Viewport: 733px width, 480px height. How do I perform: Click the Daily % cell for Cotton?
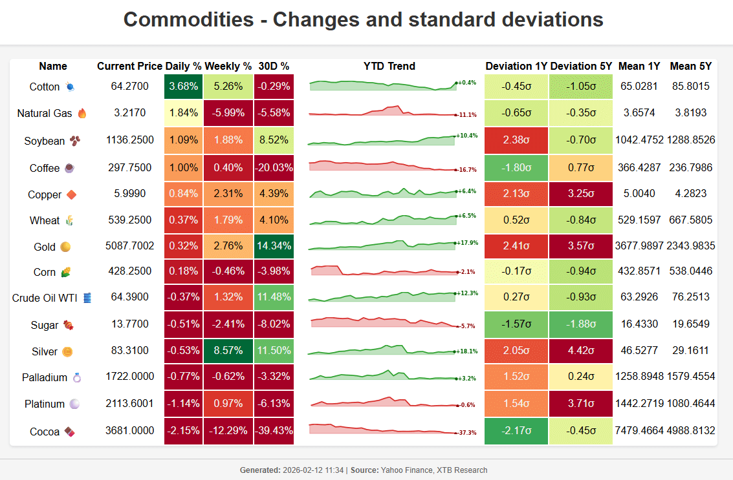[184, 86]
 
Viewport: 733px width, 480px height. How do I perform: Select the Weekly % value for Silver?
[228, 351]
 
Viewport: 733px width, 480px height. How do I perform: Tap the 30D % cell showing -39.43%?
[274, 430]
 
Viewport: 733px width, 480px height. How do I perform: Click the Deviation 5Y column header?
[581, 66]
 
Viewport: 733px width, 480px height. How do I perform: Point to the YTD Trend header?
[389, 66]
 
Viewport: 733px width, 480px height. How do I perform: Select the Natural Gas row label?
[45, 113]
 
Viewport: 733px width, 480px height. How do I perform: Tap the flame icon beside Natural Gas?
[82, 113]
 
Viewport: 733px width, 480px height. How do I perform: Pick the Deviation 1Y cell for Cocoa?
[516, 430]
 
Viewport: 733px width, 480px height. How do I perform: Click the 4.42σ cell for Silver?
[581, 351]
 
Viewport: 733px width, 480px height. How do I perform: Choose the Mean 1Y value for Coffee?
[639, 167]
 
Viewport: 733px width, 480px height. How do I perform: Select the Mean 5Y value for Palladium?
[691, 377]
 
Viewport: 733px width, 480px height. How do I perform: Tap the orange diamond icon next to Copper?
[71, 194]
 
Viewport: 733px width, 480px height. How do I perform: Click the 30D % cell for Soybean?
[274, 140]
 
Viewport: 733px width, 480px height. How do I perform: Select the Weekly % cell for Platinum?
[228, 404]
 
